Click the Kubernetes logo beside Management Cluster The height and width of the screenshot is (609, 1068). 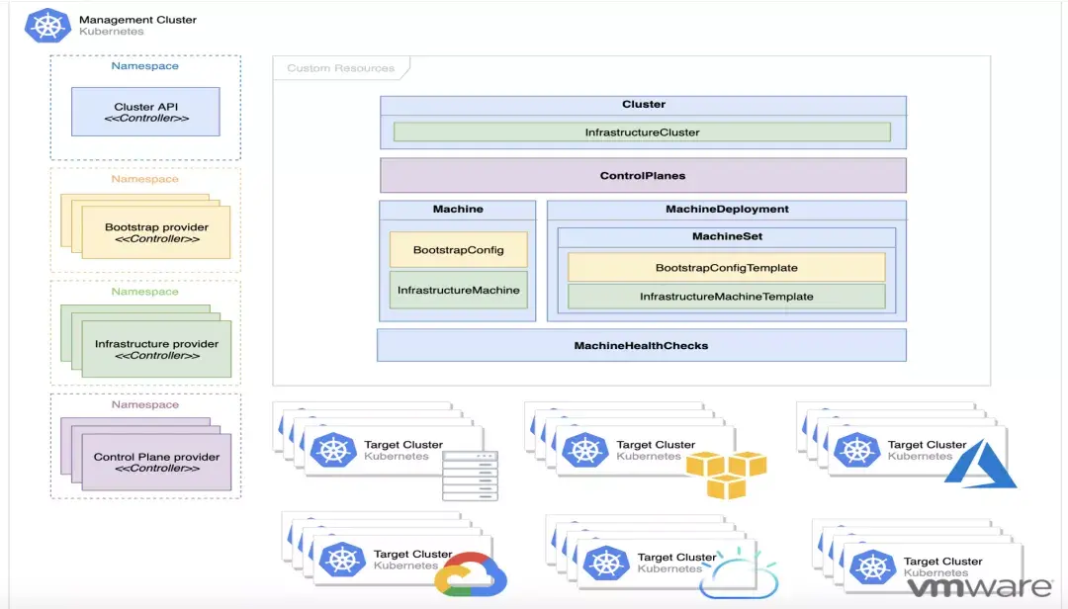click(47, 26)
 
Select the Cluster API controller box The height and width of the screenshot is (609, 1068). click(145, 112)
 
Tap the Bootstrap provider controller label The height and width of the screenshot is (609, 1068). click(155, 232)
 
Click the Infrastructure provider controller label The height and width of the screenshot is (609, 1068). click(156, 349)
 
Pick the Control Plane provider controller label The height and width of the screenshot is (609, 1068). click(156, 462)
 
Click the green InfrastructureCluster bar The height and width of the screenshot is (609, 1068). click(642, 131)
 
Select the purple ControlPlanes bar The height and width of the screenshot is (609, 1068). click(643, 176)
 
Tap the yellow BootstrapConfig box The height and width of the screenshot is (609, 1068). click(458, 250)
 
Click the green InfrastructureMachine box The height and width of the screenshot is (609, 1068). click(458, 290)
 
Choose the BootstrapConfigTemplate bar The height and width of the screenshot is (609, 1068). click(726, 267)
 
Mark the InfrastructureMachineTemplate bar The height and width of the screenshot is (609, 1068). click(726, 297)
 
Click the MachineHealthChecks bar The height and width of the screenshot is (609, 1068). click(641, 345)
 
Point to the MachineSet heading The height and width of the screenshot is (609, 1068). click(727, 236)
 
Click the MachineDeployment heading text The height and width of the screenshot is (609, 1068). click(727, 210)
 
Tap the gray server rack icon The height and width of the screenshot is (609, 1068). click(470, 475)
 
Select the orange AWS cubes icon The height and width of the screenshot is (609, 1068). click(726, 474)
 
